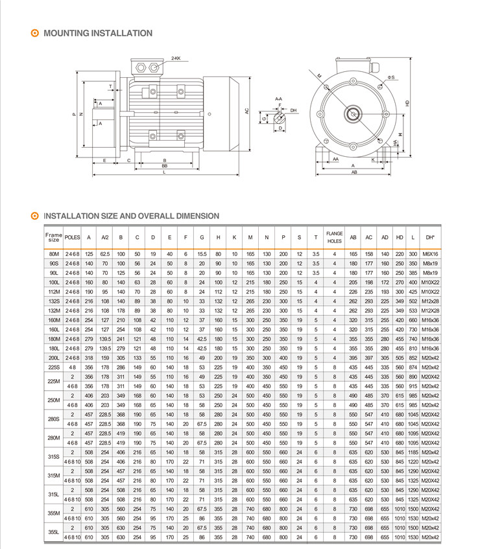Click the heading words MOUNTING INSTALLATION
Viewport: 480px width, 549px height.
pos(97,33)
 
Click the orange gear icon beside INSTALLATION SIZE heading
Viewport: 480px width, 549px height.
pos(36,216)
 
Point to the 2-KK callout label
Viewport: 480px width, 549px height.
pos(176,58)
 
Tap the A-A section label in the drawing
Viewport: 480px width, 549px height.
pos(278,98)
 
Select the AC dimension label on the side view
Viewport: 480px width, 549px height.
pos(247,111)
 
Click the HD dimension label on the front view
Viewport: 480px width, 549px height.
pos(407,103)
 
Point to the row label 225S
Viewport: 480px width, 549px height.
pos(53,367)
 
